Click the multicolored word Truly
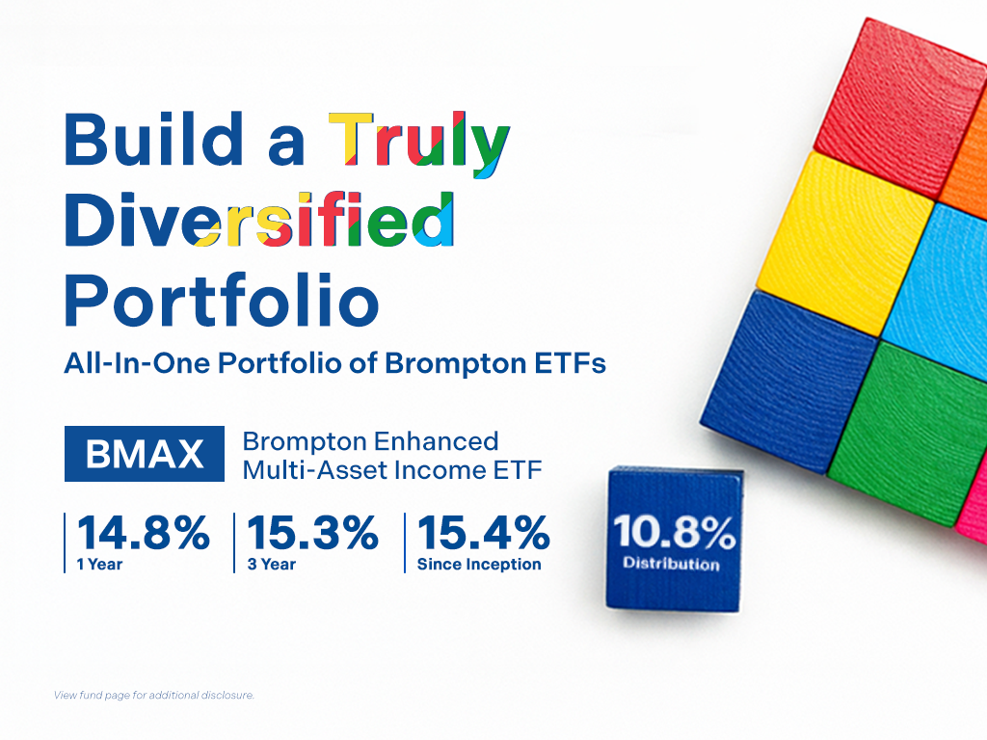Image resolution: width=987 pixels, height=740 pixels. pyautogui.click(x=419, y=144)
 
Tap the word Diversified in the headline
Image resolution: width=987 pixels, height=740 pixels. pyautogui.click(x=259, y=220)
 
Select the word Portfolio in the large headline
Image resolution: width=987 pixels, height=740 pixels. pyautogui.click(x=222, y=301)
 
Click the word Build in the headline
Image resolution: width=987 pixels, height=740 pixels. pyautogui.click(x=153, y=139)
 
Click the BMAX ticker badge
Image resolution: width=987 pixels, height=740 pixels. pyautogui.click(x=145, y=454)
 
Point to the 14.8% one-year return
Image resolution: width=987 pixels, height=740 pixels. pyautogui.click(x=144, y=533)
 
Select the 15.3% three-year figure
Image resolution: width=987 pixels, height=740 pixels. pyautogui.click(x=313, y=533)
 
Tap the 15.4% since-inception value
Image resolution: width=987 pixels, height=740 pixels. pyautogui.click(x=484, y=533)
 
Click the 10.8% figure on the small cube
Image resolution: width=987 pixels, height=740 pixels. pyautogui.click(x=674, y=532)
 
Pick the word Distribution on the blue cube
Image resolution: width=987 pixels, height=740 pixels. pyautogui.click(x=671, y=563)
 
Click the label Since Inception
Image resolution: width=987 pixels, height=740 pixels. pyautogui.click(x=479, y=565)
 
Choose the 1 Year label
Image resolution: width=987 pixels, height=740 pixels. pyautogui.click(x=99, y=565)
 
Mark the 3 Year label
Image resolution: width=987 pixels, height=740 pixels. pyautogui.click(x=271, y=565)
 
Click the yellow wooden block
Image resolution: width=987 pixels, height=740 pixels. pyautogui.click(x=844, y=243)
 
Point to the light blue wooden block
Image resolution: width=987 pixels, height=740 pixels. pyautogui.click(x=939, y=292)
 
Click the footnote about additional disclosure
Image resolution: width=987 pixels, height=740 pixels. pyautogui.click(x=154, y=696)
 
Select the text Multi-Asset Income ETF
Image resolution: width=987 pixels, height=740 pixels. pyautogui.click(x=392, y=470)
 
